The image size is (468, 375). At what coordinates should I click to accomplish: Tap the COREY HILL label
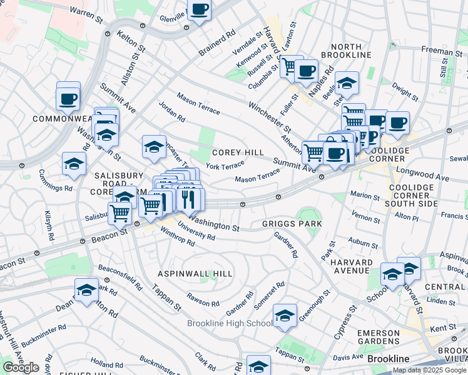(x=238, y=152)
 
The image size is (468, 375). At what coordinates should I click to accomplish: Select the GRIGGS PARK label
(x=283, y=224)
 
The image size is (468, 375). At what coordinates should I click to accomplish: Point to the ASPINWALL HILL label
(x=195, y=274)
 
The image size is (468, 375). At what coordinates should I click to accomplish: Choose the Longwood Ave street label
(x=427, y=173)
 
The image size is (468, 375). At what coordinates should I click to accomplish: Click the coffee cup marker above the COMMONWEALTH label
(x=68, y=98)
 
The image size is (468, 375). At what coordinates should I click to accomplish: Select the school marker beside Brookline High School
(x=285, y=316)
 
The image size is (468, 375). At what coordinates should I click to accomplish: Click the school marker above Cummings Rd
(x=74, y=164)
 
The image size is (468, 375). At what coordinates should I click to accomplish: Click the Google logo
(x=21, y=367)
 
